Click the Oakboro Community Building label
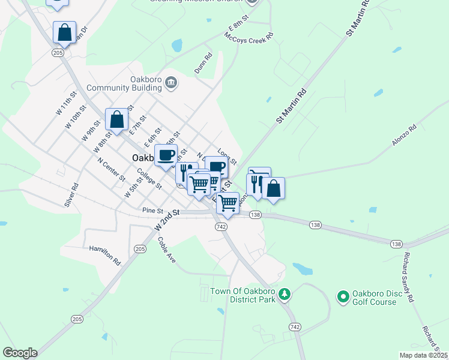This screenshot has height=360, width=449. click(x=124, y=83)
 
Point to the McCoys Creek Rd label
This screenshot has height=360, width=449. click(x=249, y=35)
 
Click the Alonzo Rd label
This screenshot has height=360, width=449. click(x=404, y=136)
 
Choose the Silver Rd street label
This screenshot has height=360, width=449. click(x=71, y=195)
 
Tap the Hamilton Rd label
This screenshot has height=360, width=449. click(x=105, y=255)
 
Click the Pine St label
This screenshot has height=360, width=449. click(x=153, y=211)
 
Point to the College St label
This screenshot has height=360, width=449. click(x=149, y=178)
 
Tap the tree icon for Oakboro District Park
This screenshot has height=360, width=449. click(x=285, y=294)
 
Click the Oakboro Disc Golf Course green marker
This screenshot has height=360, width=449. click(x=343, y=296)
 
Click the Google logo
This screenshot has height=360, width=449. click(x=20, y=353)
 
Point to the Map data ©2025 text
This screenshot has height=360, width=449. click(x=423, y=355)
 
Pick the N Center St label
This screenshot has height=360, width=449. click(x=111, y=170)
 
